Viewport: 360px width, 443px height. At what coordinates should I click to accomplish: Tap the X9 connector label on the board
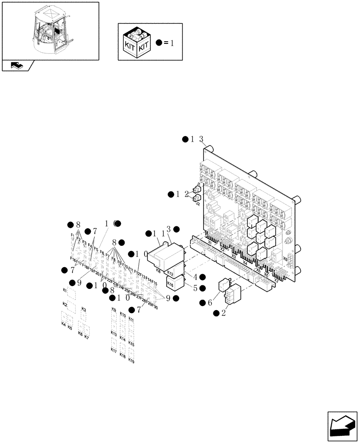(x=285, y=259)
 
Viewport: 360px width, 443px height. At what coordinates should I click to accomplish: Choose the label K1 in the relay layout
(x=65, y=290)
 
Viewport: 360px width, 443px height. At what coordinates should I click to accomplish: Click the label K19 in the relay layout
(x=131, y=361)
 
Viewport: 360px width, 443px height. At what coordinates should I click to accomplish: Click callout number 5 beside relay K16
(x=195, y=288)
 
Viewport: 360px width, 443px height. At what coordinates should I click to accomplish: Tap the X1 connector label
(x=210, y=243)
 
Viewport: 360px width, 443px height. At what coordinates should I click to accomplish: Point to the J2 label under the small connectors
(x=197, y=204)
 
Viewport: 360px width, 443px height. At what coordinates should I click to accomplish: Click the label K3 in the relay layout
(x=83, y=309)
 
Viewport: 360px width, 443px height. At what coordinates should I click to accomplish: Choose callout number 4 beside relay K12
(x=195, y=277)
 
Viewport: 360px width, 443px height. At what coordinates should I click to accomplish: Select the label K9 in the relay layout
(x=113, y=310)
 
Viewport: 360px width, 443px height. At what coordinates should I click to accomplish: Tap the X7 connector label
(x=276, y=280)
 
